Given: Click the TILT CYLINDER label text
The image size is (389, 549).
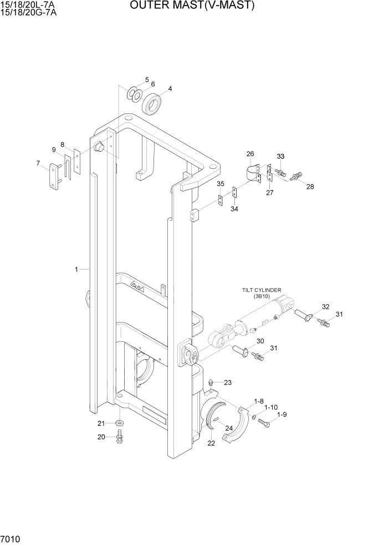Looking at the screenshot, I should pyautogui.click(x=261, y=289).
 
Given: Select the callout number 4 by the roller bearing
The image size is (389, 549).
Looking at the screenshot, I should pyautogui.click(x=170, y=89).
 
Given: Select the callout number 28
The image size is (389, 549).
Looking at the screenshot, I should pyautogui.click(x=310, y=187).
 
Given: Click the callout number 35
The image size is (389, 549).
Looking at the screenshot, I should pyautogui.click(x=221, y=184).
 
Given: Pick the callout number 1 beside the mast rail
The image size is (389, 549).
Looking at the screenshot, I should pyautogui.click(x=76, y=270).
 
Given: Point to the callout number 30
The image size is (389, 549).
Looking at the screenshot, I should pyautogui.click(x=260, y=341).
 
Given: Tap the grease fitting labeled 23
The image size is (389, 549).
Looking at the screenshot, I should pyautogui.click(x=211, y=382).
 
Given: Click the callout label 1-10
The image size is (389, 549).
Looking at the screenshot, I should pyautogui.click(x=270, y=407).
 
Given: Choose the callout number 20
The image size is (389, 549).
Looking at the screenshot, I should pyautogui.click(x=101, y=437).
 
